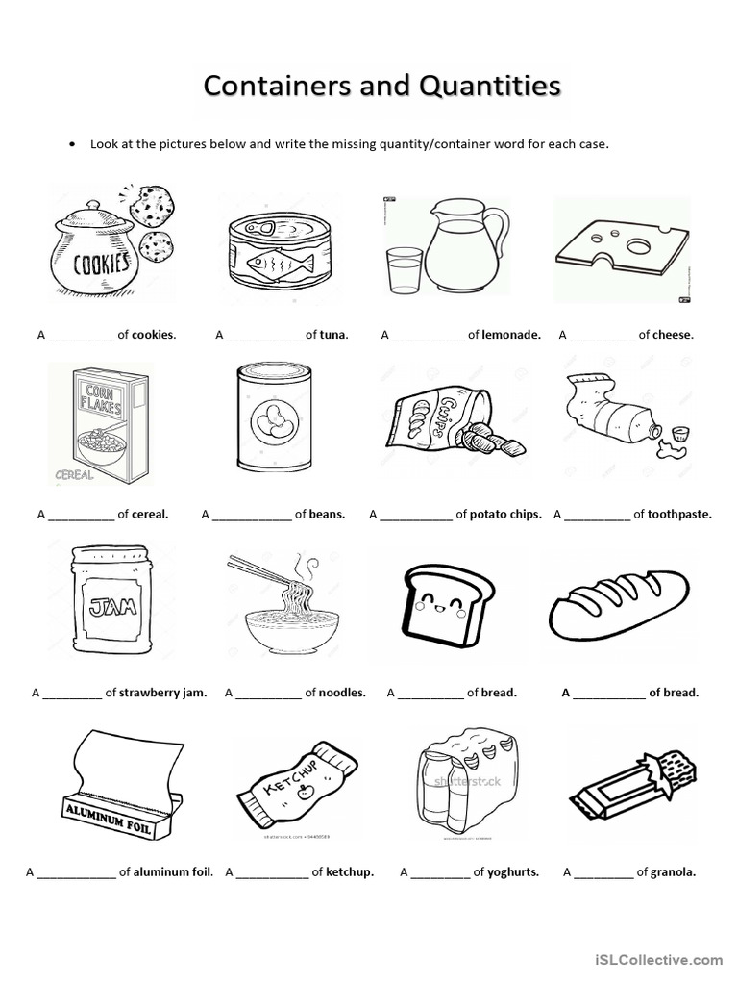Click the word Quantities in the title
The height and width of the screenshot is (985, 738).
tap(490, 86)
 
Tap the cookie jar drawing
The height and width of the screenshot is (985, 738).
tap(92, 252)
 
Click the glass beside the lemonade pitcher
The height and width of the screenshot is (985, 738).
tap(404, 269)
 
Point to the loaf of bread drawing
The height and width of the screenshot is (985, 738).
tap(619, 601)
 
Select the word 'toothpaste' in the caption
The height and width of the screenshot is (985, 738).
tap(679, 515)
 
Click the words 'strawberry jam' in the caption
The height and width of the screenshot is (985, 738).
tap(162, 693)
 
